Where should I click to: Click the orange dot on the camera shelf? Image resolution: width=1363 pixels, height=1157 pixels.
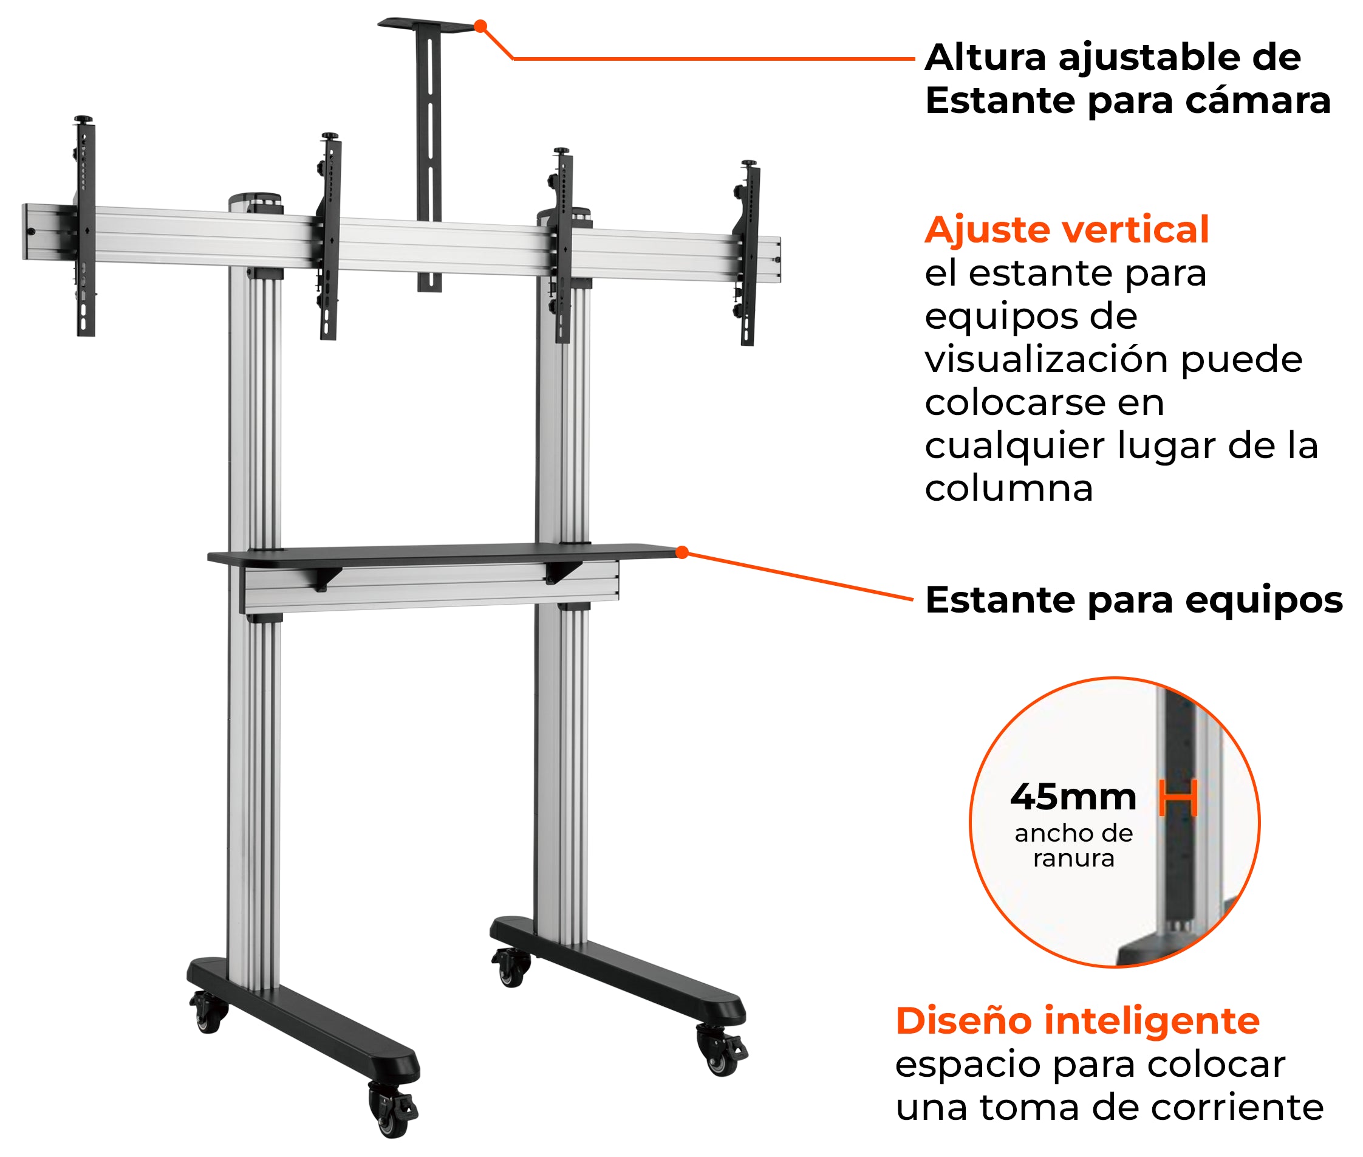pos(480,26)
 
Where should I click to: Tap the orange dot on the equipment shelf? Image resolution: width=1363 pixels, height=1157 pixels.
pos(682,552)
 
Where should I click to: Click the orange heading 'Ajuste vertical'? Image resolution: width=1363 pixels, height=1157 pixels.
pos(1066,230)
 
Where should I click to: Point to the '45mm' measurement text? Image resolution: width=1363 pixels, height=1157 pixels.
pos(1073,797)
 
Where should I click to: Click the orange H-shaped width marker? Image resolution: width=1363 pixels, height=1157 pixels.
pos(1178,798)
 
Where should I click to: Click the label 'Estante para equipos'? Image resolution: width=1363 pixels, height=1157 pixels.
pos(1133,600)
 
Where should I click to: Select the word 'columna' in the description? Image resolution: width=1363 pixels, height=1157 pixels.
pos(1008,488)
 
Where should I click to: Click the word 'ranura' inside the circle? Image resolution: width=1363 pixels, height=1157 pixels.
pos(1073,858)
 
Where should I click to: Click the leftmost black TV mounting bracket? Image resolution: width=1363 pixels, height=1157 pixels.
pos(86,226)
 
